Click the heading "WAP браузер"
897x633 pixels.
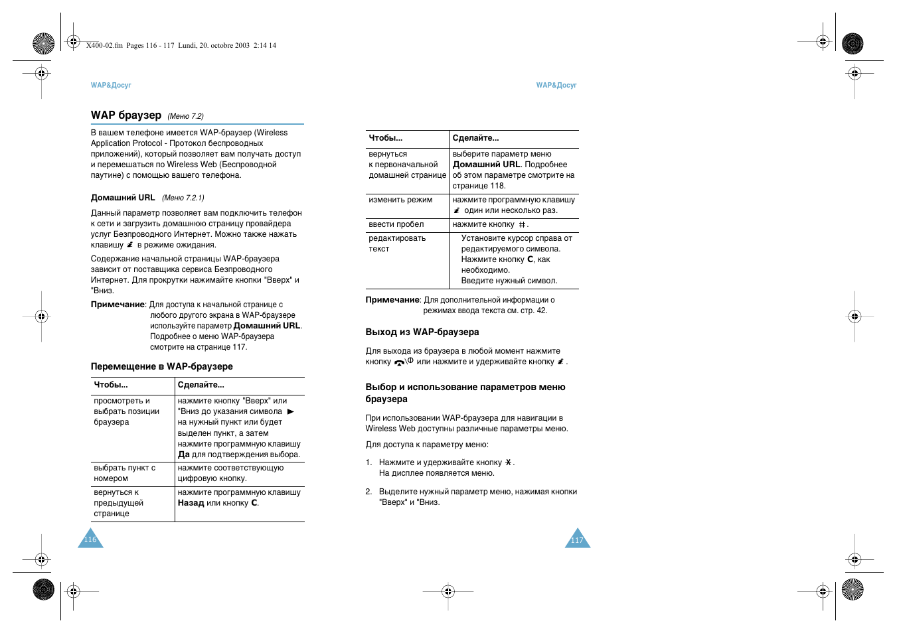tap(125, 115)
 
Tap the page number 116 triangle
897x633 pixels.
tap(90, 540)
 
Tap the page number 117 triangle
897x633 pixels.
tap(577, 540)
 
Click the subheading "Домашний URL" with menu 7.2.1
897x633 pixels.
tap(123, 198)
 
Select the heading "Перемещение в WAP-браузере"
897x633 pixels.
tap(161, 366)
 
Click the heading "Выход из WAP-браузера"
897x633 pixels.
tap(422, 332)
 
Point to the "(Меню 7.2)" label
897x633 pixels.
tap(185, 116)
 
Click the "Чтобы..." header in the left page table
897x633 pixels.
tap(111, 385)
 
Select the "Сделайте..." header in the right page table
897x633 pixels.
tap(475, 138)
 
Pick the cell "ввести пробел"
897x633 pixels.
tap(396, 224)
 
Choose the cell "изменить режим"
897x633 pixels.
tap(400, 200)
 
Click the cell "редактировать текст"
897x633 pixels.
tap(397, 244)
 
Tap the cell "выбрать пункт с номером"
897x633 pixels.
tap(125, 473)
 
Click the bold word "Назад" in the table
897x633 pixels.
tap(191, 503)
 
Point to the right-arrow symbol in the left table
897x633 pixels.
tap(290, 412)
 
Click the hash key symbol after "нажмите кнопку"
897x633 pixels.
tap(522, 225)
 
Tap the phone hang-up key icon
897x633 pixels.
tap(400, 362)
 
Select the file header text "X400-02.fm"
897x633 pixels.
tap(104, 46)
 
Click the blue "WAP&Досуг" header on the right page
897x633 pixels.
tap(556, 86)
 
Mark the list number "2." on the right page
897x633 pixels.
tap(368, 492)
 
